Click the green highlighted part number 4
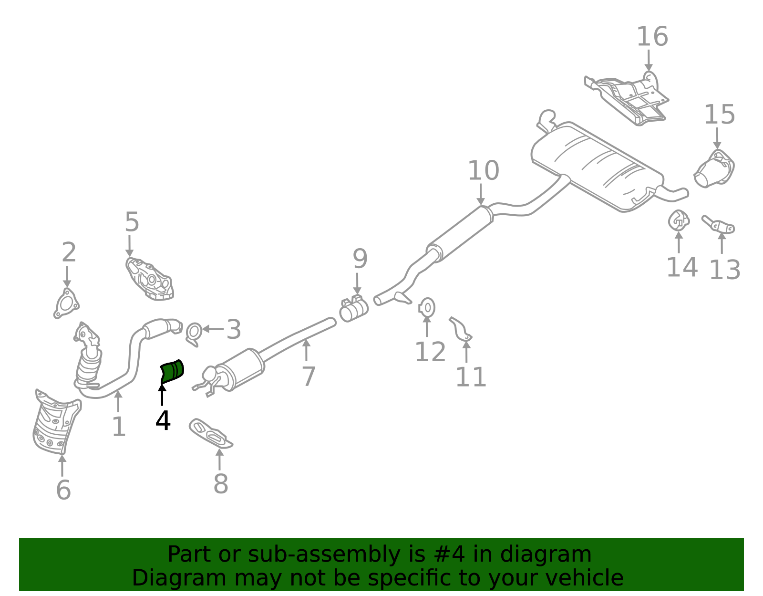[172, 372]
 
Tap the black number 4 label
[163, 420]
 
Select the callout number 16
[652, 37]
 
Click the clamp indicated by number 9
[353, 308]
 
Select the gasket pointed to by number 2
[66, 303]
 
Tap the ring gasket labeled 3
[194, 334]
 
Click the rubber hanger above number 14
[679, 220]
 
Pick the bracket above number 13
[719, 225]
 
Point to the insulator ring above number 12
[427, 308]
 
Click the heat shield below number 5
[150, 279]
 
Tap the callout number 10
[484, 171]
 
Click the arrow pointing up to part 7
[307, 350]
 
